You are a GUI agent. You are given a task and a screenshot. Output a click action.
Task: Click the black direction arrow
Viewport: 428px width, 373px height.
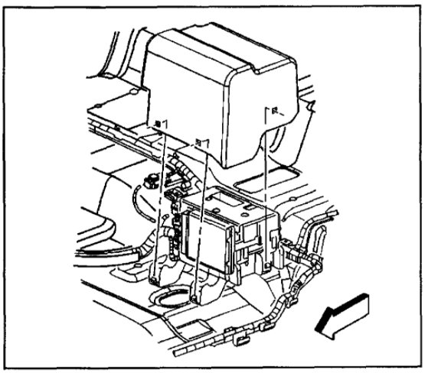point(343,314)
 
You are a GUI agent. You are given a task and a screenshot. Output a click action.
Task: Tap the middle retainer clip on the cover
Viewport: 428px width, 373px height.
point(201,141)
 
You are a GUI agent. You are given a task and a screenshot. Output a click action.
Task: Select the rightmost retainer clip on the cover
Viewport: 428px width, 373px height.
point(269,111)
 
